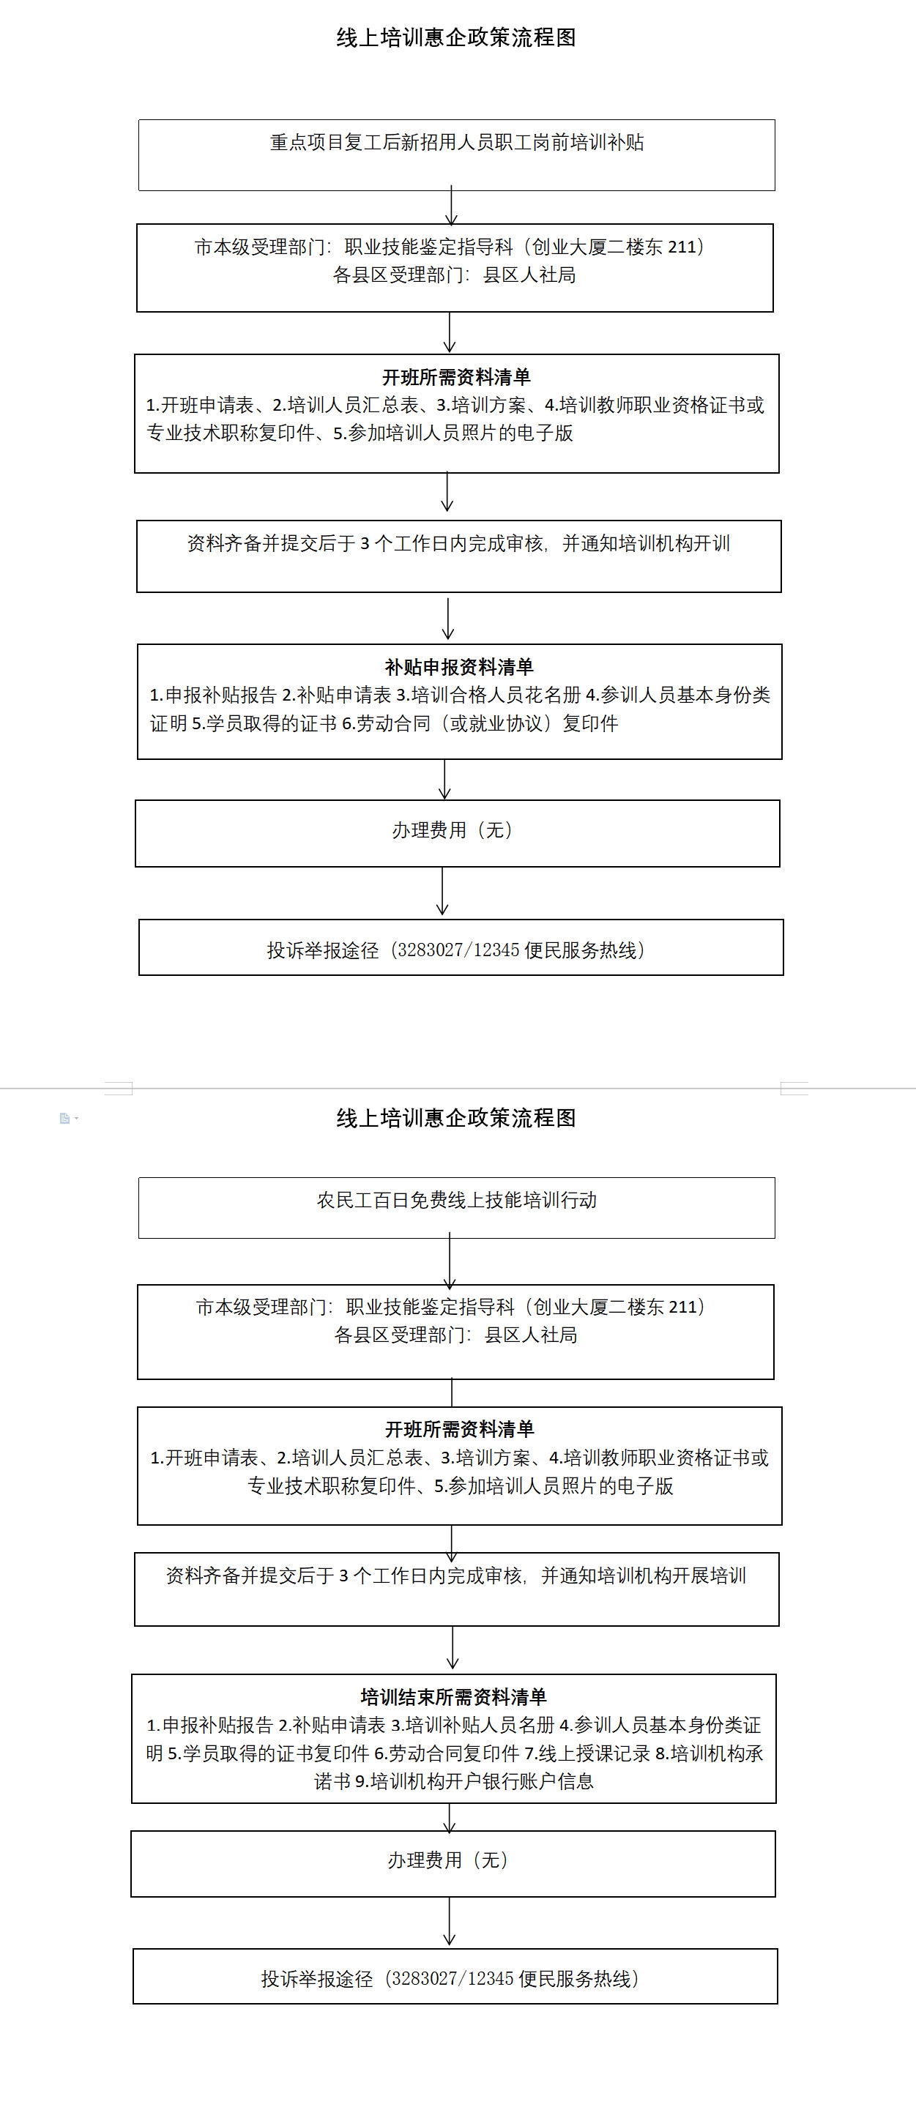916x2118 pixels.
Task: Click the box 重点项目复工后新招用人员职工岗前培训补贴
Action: pos(456,155)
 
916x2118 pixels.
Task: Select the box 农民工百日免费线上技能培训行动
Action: pos(456,1208)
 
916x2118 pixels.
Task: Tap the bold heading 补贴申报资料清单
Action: pos(459,667)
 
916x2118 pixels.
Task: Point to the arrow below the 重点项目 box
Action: pos(452,206)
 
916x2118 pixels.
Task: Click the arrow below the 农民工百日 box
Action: pos(450,1261)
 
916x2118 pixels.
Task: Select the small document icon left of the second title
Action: pos(65,1118)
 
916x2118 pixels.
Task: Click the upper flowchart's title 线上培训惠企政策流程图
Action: pos(456,38)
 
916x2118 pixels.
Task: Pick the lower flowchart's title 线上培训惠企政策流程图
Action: pos(456,1118)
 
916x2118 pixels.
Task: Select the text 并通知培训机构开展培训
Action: pos(644,1576)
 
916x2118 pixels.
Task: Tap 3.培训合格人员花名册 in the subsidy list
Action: pos(488,696)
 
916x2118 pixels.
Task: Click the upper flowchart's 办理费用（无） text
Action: pos(453,830)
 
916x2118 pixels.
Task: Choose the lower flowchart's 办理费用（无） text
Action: pos(449,1860)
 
